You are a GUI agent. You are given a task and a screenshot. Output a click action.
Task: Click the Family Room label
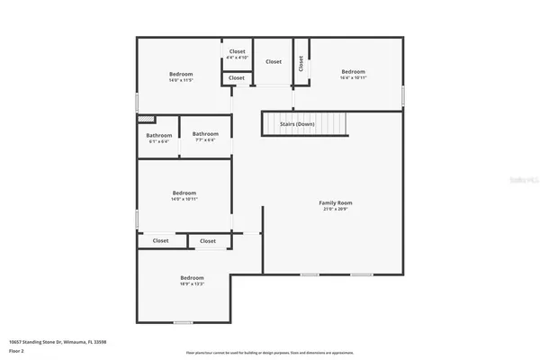(335, 202)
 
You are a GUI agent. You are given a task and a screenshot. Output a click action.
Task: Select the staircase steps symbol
(325, 124)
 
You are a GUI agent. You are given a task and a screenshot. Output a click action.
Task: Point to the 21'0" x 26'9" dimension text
(335, 209)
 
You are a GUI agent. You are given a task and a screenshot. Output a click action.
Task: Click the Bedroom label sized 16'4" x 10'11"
(353, 71)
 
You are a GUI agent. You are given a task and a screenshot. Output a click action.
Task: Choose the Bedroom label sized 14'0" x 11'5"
(182, 74)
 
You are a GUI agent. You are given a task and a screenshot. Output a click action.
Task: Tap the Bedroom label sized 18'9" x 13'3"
(192, 277)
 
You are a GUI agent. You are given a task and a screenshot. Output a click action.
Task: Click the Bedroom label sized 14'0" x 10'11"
(184, 193)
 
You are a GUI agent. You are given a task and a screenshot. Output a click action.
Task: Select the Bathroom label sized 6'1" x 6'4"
(159, 135)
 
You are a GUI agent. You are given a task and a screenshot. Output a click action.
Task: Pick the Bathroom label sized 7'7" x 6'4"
(205, 134)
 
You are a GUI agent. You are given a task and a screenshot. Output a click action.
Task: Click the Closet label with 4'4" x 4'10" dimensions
(238, 51)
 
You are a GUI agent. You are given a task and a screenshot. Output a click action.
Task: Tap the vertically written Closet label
(301, 64)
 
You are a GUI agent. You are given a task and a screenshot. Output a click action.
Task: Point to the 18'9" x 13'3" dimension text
(192, 284)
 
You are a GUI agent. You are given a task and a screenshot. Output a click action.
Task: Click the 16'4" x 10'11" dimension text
(353, 77)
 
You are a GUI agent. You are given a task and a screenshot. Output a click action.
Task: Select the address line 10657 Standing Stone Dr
(51, 342)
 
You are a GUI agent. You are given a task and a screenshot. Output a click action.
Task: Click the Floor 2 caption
(16, 350)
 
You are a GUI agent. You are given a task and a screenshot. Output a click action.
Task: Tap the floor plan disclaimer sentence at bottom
(269, 353)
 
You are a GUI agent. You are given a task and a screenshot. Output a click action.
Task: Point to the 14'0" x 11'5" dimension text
(182, 80)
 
